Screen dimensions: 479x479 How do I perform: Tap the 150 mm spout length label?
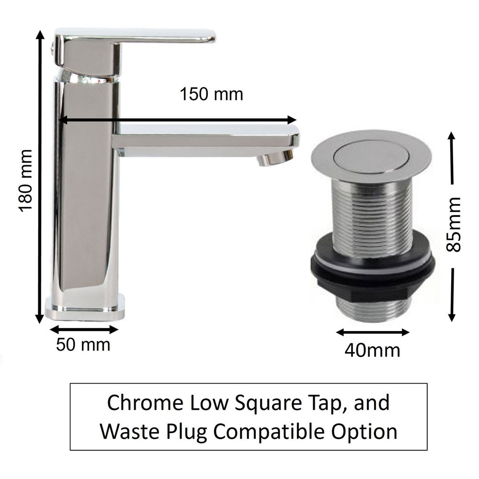click(211, 94)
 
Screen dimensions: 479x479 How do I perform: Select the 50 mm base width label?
click(83, 345)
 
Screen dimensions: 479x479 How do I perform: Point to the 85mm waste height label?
click(453, 225)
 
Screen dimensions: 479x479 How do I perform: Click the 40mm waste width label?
click(372, 351)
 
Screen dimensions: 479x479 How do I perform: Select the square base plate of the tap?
click(85, 308)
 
